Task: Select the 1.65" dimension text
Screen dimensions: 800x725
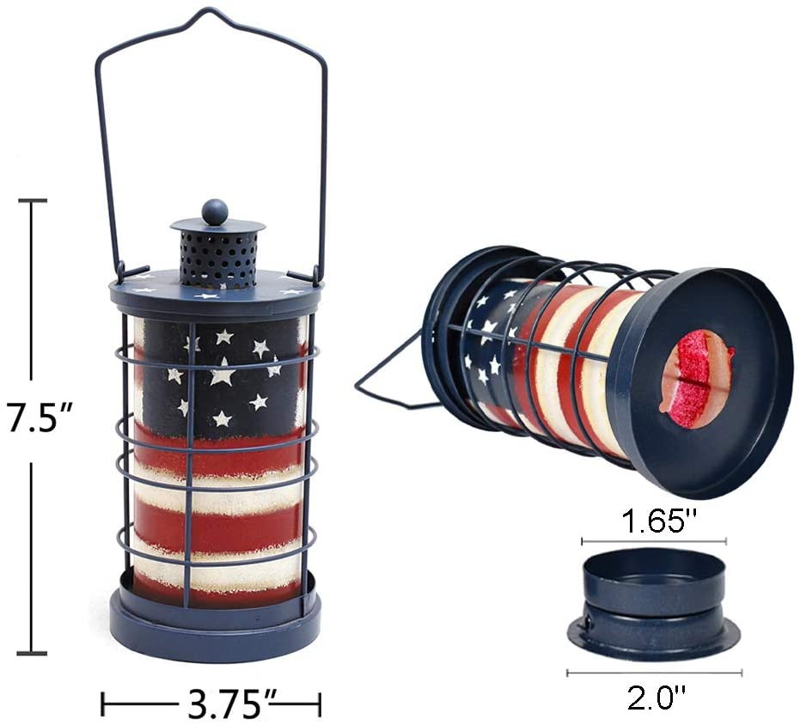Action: pos(659,521)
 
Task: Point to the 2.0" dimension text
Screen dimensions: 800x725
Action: pos(656,698)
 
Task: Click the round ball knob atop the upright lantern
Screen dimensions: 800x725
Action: pos(215,211)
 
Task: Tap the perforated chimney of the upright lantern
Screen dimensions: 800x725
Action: pos(218,259)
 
